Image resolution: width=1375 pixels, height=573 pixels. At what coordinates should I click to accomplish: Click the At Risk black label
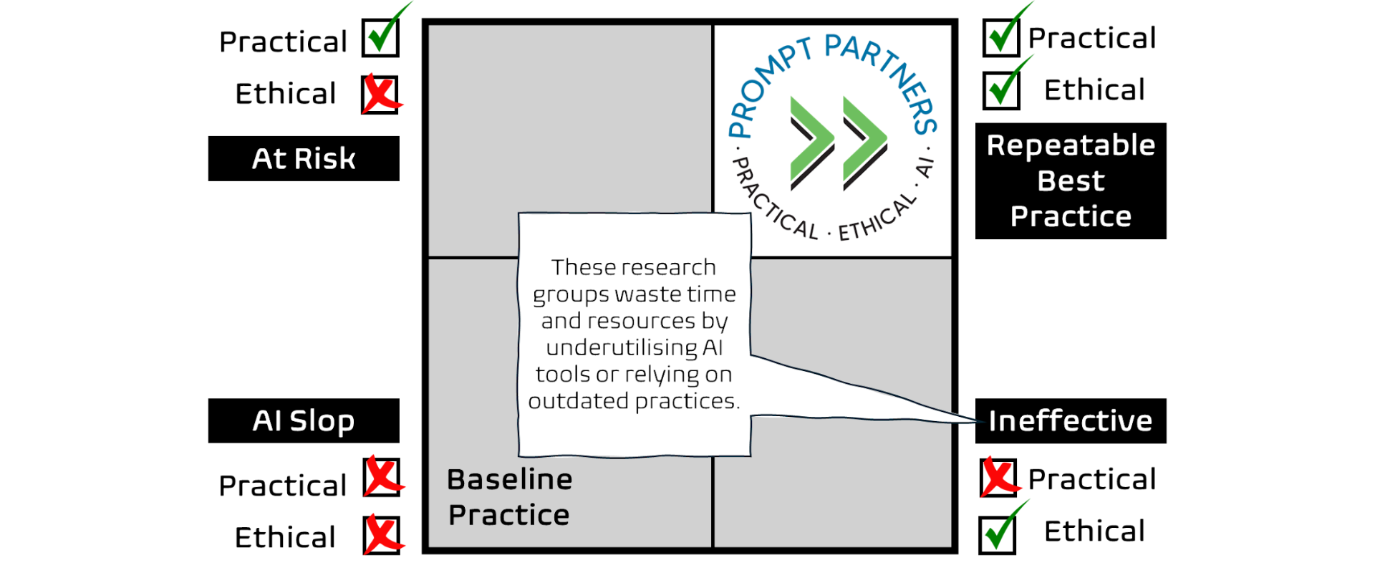304,158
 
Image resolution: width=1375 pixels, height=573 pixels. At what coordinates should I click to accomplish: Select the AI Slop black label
304,420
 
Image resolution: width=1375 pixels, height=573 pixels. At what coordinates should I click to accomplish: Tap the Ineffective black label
1071,420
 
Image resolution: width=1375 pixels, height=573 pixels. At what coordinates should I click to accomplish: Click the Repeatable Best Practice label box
1071,180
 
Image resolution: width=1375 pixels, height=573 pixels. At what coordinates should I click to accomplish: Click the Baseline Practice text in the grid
509,497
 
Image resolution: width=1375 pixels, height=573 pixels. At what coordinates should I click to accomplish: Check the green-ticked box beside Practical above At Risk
380,38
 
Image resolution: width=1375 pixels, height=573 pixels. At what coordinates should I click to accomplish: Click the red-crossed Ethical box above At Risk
380,95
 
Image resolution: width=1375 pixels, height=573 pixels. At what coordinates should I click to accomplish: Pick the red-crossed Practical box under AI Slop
382,477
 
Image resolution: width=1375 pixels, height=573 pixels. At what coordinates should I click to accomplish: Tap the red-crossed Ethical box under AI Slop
382,535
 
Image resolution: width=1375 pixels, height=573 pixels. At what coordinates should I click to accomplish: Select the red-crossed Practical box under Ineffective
998,478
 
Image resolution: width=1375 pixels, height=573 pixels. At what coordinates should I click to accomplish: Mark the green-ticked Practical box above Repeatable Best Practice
1001,38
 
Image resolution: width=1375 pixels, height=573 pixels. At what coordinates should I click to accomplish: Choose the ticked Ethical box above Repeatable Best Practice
1001,90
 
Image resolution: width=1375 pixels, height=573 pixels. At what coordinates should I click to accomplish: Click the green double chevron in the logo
839,143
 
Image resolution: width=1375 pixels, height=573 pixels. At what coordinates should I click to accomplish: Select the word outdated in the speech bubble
579,401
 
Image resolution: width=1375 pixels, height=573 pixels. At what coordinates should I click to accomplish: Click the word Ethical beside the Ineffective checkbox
1094,531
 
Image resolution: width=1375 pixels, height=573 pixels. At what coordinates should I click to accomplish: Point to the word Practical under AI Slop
283,486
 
